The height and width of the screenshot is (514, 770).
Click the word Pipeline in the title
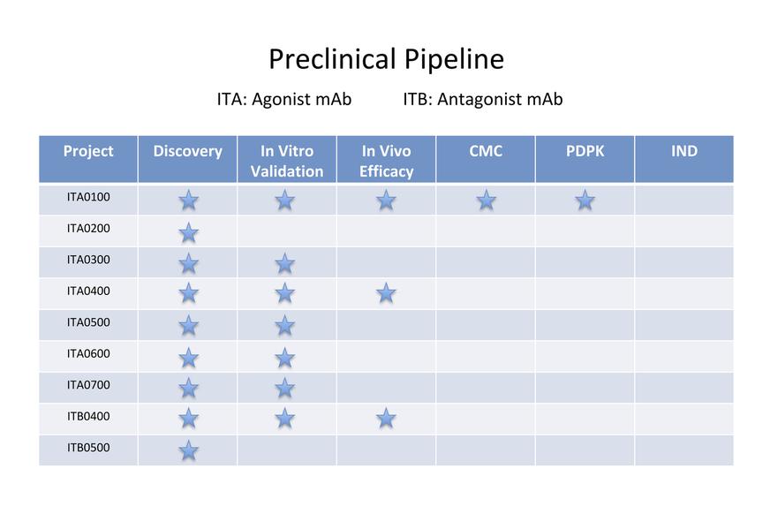pos(454,59)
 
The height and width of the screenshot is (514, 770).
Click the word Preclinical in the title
pos(332,59)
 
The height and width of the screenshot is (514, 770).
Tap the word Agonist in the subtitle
pos(279,100)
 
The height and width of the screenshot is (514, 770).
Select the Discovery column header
pos(187,151)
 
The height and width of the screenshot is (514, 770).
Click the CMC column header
pos(486,151)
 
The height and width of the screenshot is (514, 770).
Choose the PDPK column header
pos(585,151)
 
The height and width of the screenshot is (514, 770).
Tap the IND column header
pos(684,151)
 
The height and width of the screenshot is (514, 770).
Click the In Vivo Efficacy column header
pos(386,161)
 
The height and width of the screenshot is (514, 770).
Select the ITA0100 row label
pos(88,197)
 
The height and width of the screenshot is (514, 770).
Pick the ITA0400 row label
pos(88,291)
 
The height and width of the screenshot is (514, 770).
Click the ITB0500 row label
pos(88,448)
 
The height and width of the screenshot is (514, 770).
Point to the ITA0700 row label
pos(88,385)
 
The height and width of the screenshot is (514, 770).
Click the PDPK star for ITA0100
pos(585,200)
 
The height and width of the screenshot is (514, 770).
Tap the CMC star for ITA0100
pos(486,200)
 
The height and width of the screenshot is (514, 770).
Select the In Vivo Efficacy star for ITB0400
pos(386,419)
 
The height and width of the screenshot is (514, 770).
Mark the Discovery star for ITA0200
pos(188,232)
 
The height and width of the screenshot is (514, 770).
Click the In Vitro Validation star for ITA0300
pos(285,264)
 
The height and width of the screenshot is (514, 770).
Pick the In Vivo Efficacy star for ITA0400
pos(386,293)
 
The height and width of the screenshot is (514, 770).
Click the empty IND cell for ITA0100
pos(684,200)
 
